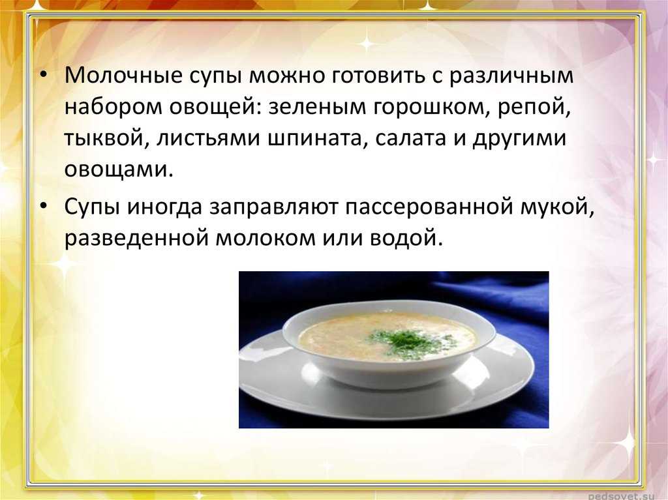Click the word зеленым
coord(318,108)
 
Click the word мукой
coord(557,207)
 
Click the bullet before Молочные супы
coord(43,76)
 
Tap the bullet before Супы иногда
coord(43,207)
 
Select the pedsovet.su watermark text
coord(621,496)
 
